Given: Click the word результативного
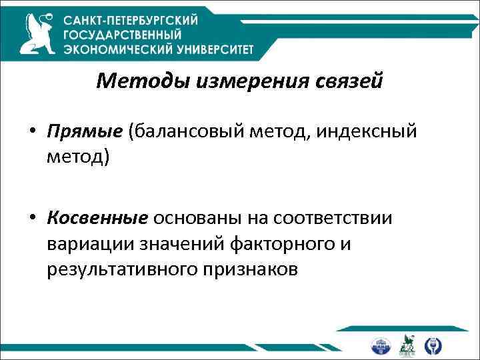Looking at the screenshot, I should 127,270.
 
